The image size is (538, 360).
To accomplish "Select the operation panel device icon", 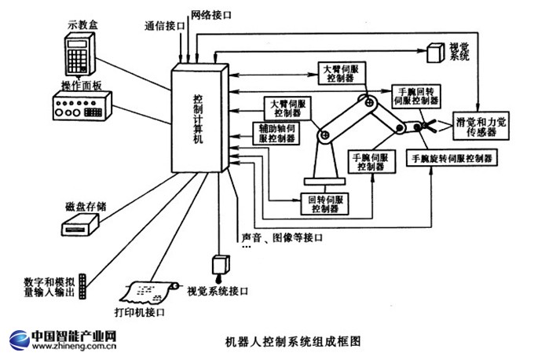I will (81, 107).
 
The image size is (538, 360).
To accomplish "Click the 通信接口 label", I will (166, 26).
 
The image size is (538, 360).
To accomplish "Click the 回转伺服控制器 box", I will (325, 204).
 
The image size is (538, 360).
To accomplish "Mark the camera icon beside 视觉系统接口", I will (219, 265).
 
